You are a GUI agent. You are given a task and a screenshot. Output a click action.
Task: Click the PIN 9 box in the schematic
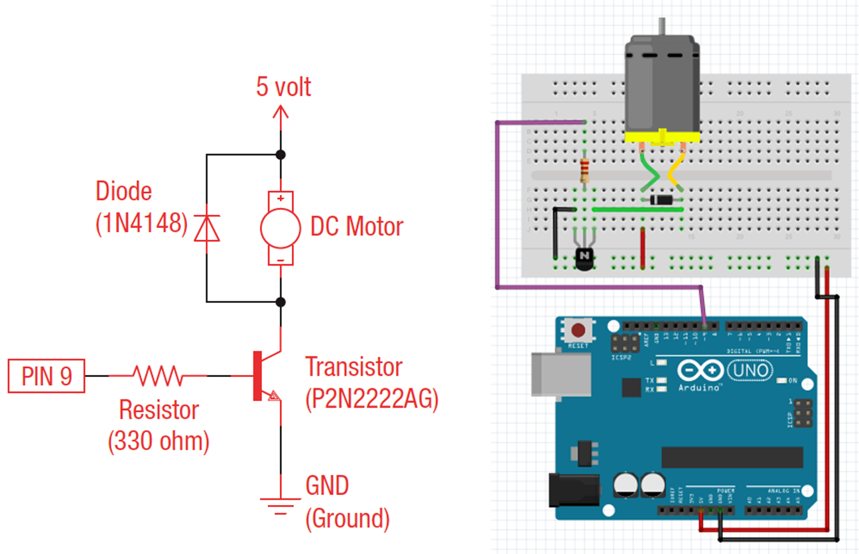click(x=46, y=376)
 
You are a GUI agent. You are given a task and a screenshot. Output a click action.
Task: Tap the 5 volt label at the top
click(x=283, y=87)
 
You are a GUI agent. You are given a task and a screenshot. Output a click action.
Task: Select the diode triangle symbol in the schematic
click(x=206, y=227)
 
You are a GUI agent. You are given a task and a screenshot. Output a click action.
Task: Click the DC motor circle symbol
click(x=281, y=228)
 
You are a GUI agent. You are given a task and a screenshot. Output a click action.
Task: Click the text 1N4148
click(x=141, y=223)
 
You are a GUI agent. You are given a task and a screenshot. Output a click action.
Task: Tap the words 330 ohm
click(x=159, y=441)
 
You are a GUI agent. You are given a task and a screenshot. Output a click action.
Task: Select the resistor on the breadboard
click(x=584, y=170)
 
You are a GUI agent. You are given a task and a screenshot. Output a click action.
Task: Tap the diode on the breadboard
click(x=661, y=199)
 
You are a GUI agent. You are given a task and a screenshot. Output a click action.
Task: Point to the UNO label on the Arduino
click(x=750, y=370)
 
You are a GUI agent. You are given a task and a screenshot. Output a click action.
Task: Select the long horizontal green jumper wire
click(x=637, y=209)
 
